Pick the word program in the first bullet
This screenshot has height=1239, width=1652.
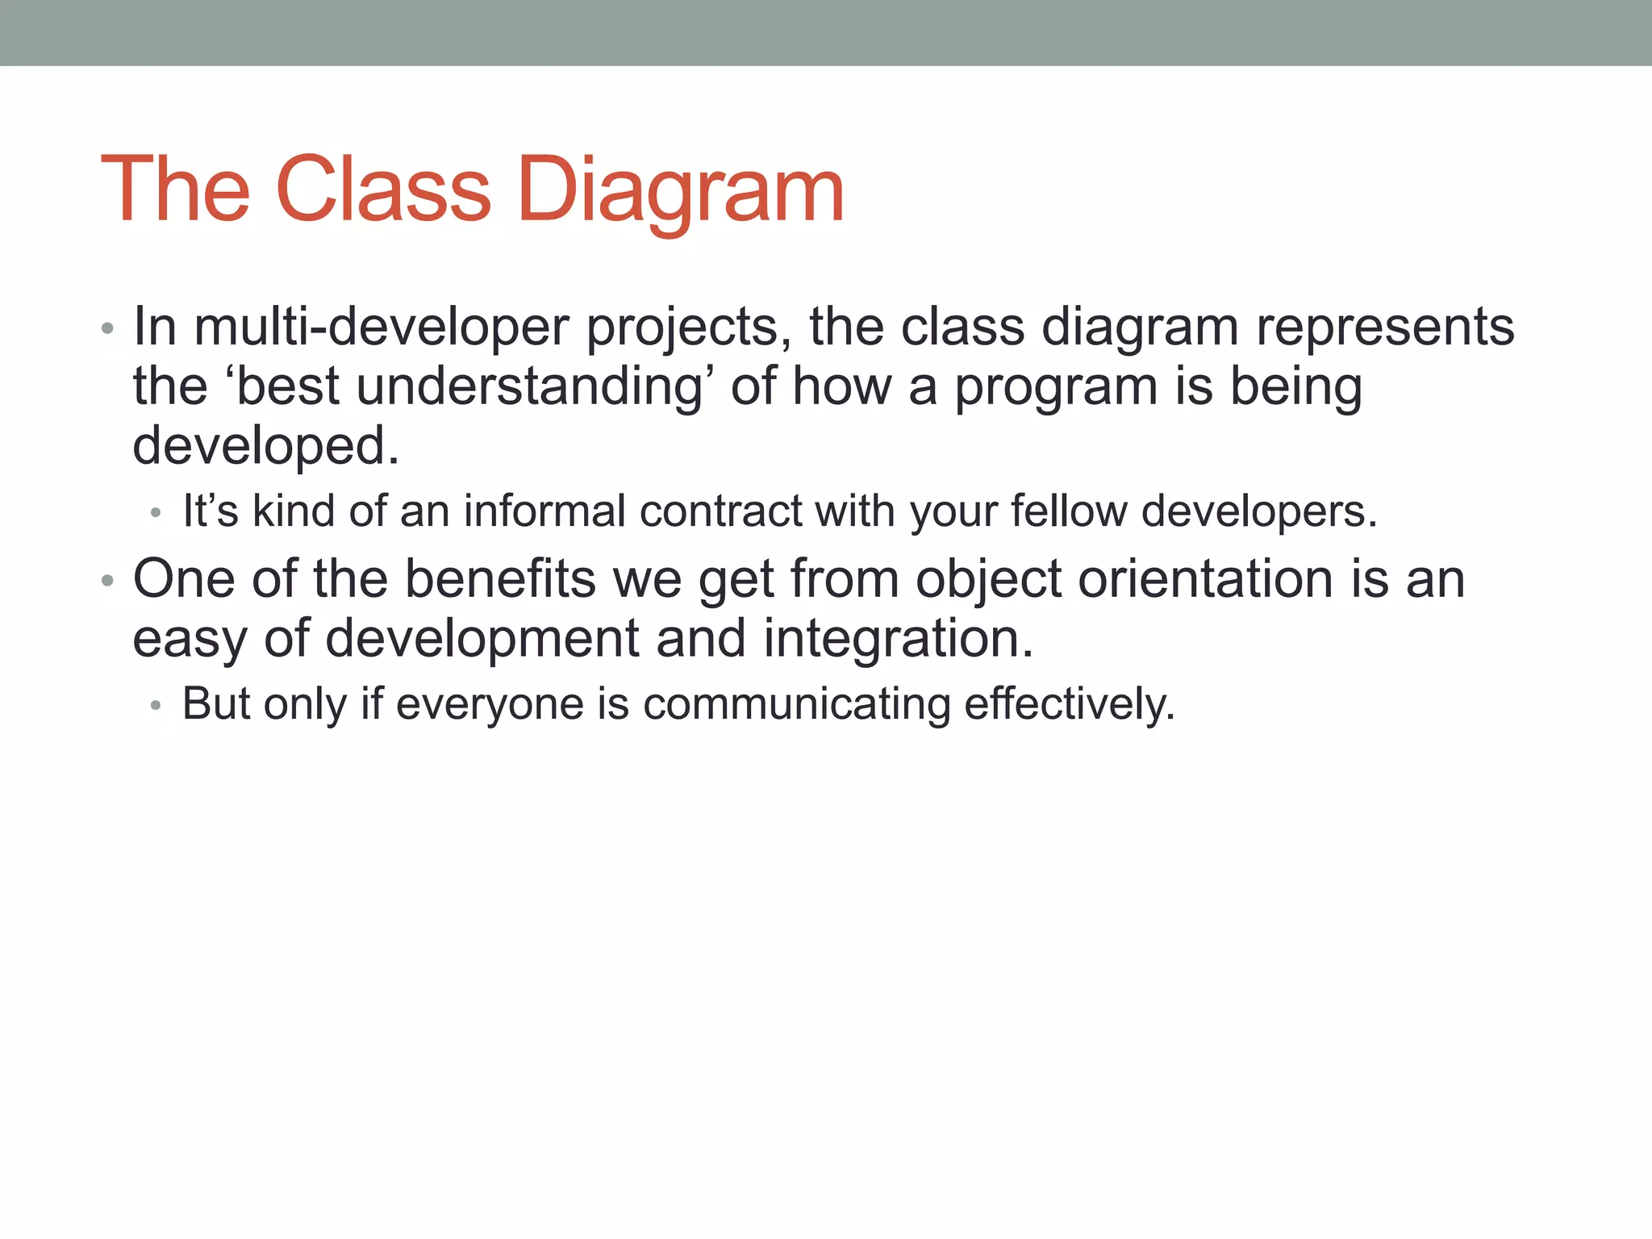coord(1056,389)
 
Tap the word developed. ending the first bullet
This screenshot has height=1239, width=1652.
coord(266,447)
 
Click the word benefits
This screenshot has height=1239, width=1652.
coord(500,579)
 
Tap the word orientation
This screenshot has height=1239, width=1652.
coord(1205,579)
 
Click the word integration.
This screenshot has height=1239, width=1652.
coord(898,639)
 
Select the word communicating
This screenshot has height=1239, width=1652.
coord(797,704)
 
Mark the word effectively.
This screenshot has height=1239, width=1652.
coord(1069,704)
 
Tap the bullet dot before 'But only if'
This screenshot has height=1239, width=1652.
coord(156,706)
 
